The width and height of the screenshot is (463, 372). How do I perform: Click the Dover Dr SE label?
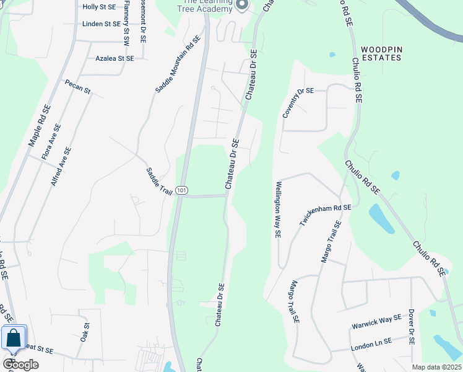[411, 327]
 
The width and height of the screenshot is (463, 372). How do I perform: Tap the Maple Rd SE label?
[39, 125]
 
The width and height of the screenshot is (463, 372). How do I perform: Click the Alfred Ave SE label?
[61, 166]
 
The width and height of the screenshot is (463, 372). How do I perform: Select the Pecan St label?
[78, 87]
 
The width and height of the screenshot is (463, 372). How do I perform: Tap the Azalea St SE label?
[115, 58]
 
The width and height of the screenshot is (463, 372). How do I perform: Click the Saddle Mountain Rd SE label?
[178, 64]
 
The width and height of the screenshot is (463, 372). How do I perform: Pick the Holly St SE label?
[100, 7]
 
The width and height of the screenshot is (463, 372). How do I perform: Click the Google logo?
[20, 364]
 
